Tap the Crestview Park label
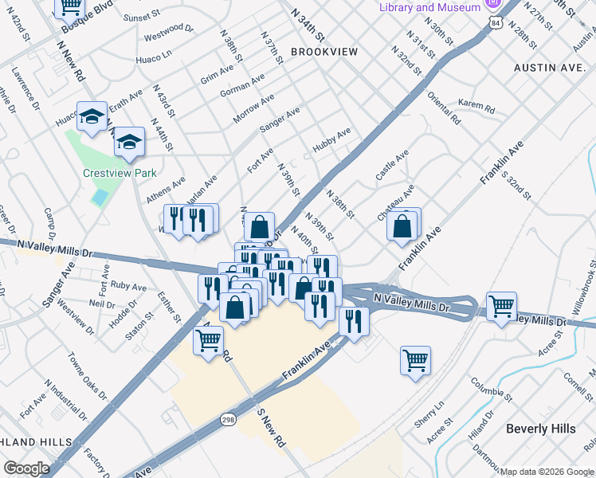(120, 173)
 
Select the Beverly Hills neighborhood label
(540, 429)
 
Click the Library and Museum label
(429, 7)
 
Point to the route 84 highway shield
(496, 25)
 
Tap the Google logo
(26, 468)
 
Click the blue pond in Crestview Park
(100, 197)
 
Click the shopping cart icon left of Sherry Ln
(415, 360)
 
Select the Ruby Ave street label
(128, 287)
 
